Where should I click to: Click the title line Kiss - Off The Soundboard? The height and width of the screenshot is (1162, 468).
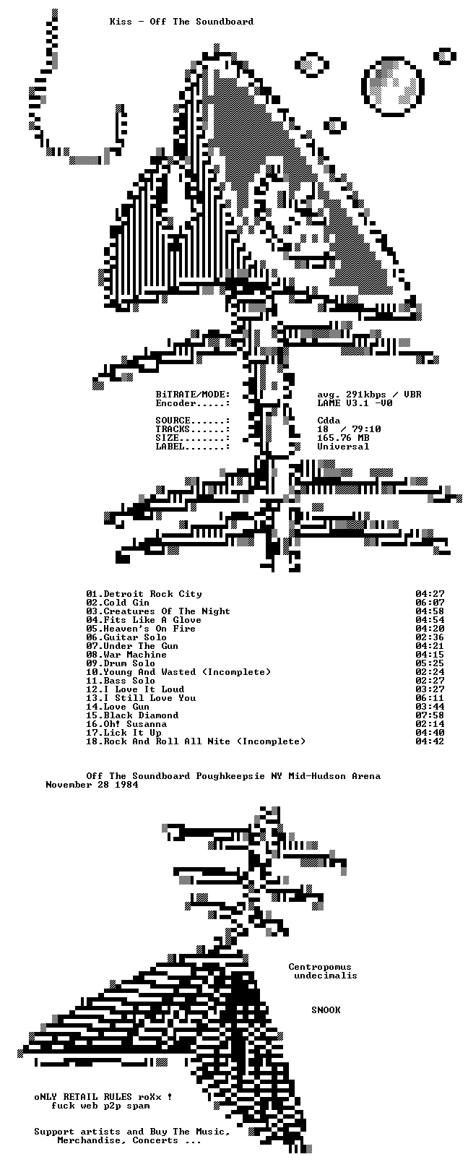(x=181, y=21)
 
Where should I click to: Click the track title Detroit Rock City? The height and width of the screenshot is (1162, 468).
(x=153, y=594)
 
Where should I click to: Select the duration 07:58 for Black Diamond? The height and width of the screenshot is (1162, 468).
(x=430, y=715)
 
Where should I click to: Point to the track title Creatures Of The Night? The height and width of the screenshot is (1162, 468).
(x=167, y=611)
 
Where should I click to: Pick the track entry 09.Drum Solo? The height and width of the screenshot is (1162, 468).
(x=121, y=663)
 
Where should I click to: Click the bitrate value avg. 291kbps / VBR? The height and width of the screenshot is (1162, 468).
(x=370, y=395)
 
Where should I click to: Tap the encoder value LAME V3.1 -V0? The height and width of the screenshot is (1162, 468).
(x=355, y=403)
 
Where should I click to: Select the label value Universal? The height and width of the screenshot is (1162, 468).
(x=343, y=447)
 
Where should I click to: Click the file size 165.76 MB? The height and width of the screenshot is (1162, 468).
(x=343, y=438)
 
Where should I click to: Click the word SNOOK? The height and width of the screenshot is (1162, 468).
(x=326, y=1010)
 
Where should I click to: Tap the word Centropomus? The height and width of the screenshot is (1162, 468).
(x=320, y=967)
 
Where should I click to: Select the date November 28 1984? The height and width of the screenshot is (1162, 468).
(x=92, y=784)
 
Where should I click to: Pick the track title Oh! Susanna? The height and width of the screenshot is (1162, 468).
(x=135, y=724)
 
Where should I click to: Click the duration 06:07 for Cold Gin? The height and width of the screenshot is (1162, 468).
(x=430, y=603)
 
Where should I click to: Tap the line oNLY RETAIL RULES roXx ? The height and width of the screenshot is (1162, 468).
(x=103, y=1097)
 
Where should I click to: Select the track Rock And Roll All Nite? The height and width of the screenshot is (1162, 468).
(x=167, y=741)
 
